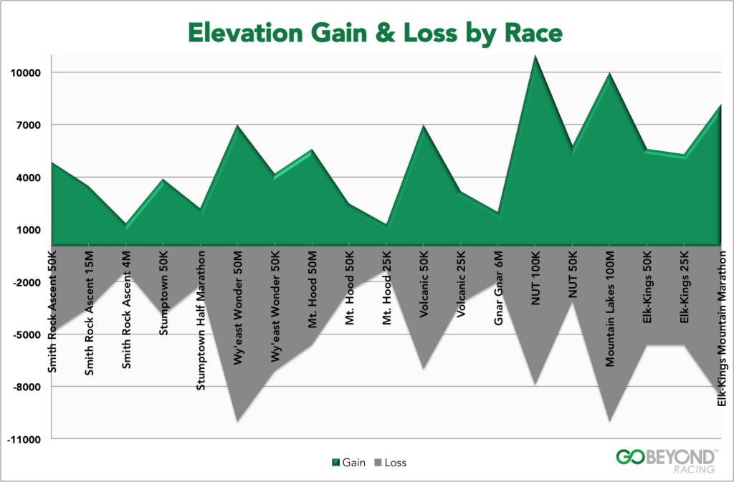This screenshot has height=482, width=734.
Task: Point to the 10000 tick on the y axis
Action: (x=26, y=73)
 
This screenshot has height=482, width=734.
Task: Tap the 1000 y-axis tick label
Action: (x=29, y=230)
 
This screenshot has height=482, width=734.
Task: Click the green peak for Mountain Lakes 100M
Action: (x=609, y=74)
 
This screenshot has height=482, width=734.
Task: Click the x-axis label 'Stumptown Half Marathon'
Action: (x=201, y=319)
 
